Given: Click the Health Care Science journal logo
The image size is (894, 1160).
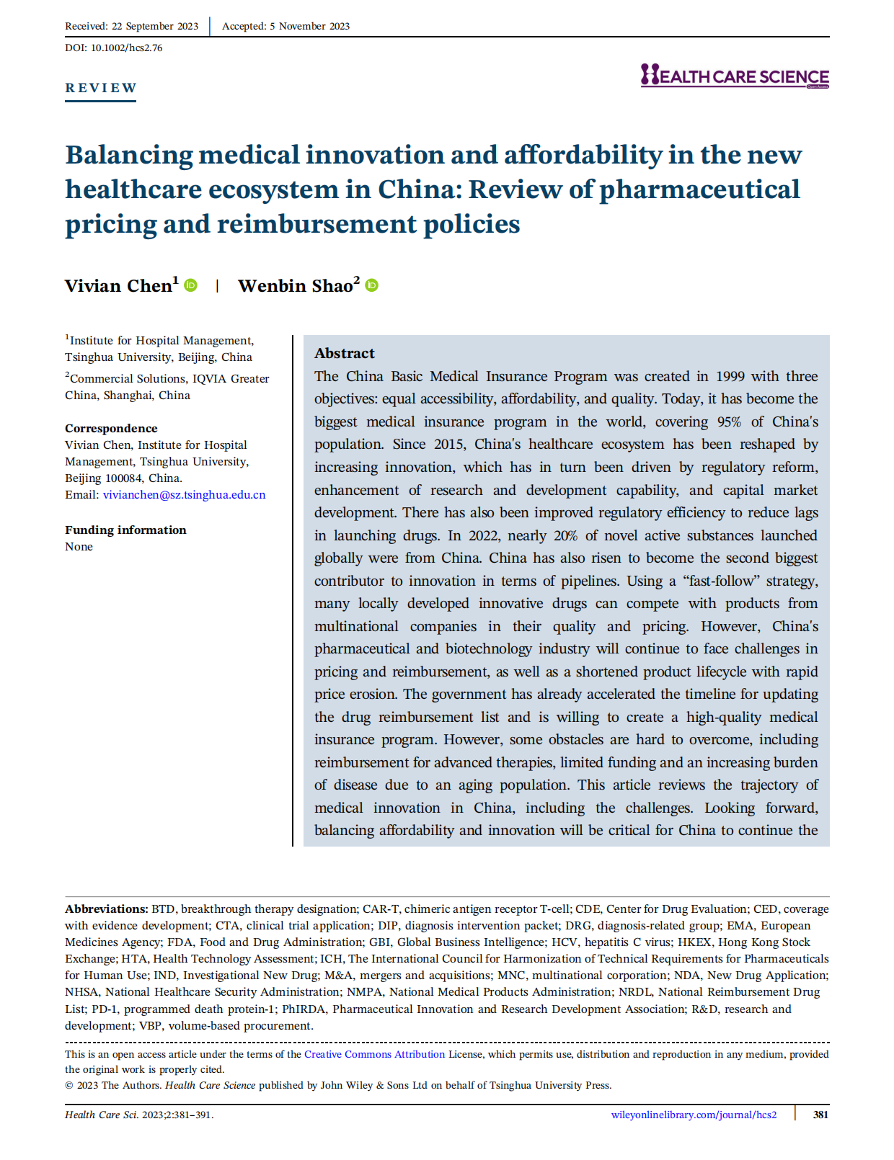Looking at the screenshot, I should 734,76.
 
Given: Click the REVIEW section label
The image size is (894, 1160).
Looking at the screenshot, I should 100,88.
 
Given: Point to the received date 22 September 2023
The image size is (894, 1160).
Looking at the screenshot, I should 154,26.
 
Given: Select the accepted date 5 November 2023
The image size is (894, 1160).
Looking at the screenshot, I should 309,26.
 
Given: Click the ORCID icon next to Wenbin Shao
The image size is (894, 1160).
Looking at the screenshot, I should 372,285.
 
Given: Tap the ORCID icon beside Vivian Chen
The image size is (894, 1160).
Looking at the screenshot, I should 191,285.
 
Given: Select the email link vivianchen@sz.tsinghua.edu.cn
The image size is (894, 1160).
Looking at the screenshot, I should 184,495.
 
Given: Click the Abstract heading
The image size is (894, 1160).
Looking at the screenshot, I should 345,353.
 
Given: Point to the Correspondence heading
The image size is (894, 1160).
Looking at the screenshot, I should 111,428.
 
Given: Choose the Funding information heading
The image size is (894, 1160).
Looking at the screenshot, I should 125,530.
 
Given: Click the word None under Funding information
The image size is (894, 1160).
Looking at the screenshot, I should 79,546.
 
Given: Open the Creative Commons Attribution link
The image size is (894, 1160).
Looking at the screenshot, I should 374,1054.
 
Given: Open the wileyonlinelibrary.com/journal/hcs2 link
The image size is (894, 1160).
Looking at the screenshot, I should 694,1115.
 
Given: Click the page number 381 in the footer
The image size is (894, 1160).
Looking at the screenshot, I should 820,1115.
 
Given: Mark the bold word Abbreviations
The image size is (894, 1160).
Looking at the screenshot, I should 106,909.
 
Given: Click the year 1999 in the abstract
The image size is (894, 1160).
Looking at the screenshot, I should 729,376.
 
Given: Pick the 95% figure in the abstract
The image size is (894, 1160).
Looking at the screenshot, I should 729,421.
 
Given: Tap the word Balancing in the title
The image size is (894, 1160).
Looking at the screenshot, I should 128,156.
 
